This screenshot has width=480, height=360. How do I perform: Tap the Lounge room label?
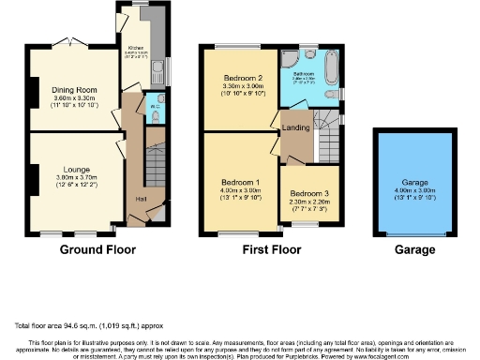(74, 167)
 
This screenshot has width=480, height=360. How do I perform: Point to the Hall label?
(141, 198)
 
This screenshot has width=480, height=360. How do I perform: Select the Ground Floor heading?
(97, 250)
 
